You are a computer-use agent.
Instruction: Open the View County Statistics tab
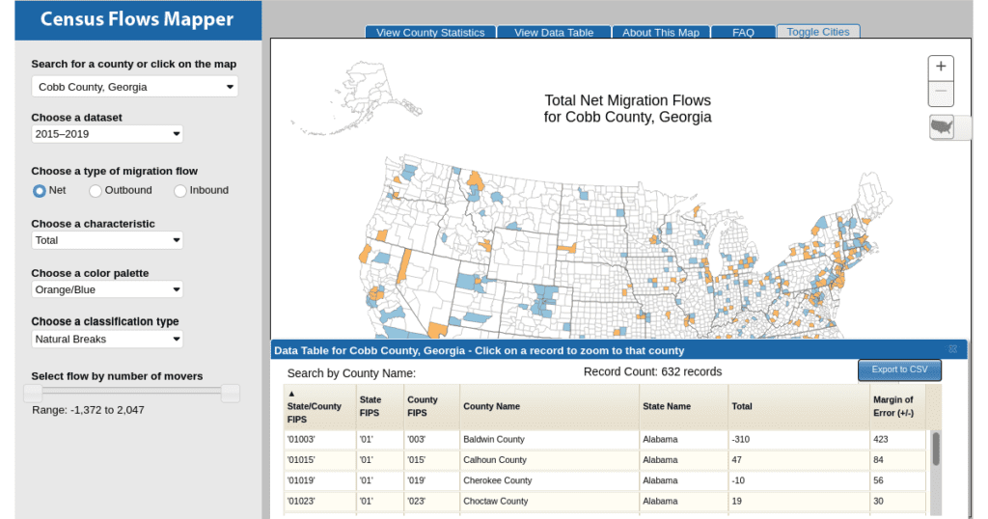[430, 32]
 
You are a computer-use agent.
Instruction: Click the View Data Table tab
[554, 32]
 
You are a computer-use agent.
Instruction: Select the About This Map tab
[661, 32]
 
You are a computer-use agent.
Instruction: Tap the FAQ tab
[743, 32]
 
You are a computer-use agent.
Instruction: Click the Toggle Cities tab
[818, 32]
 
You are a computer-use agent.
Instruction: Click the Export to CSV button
[899, 369]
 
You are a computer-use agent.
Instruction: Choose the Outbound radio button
[96, 191]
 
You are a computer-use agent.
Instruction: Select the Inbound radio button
[180, 191]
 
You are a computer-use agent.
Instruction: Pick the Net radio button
[39, 191]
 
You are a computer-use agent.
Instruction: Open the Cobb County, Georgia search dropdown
[135, 87]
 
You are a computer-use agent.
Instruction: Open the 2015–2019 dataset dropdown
[107, 133]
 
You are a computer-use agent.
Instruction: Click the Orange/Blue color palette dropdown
[107, 289]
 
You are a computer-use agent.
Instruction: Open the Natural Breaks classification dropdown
[107, 339]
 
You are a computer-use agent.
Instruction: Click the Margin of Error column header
[892, 406]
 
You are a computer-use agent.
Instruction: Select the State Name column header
[667, 406]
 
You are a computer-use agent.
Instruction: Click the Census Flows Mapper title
[137, 19]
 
